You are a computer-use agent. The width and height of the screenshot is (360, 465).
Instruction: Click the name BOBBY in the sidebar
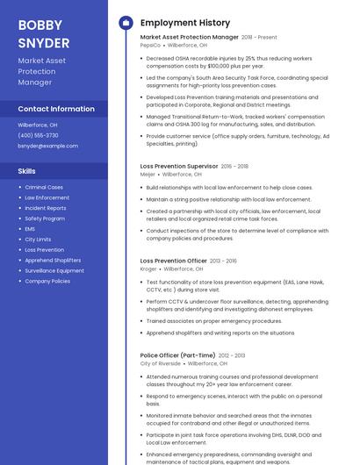click(x=39, y=25)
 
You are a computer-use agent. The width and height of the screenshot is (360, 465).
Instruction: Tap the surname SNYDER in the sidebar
click(x=43, y=42)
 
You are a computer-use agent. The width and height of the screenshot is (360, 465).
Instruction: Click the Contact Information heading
click(x=56, y=109)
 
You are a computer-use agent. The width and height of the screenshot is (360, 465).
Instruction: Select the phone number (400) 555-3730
click(x=38, y=135)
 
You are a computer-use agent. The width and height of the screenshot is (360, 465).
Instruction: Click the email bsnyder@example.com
click(x=47, y=146)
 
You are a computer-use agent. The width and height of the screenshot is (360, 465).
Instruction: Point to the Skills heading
click(x=27, y=171)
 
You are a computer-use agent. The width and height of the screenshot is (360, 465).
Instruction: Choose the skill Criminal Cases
click(x=44, y=187)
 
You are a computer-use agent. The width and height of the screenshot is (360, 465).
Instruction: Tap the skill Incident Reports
click(x=46, y=208)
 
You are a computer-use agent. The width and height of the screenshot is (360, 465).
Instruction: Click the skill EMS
click(x=30, y=229)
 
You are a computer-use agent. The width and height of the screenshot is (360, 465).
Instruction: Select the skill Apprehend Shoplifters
click(x=53, y=261)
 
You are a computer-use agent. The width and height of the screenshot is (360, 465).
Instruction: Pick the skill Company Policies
click(x=47, y=282)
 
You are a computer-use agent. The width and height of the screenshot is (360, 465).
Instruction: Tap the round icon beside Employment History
click(x=125, y=22)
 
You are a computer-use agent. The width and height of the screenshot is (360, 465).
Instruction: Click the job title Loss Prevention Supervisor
click(x=179, y=166)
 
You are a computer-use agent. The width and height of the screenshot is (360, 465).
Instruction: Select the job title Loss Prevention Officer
click(x=174, y=261)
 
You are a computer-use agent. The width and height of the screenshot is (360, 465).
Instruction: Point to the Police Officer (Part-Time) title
click(x=177, y=355)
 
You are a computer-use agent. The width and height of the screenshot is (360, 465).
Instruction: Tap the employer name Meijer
click(x=148, y=174)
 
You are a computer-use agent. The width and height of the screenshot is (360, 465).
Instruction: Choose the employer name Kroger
click(x=148, y=268)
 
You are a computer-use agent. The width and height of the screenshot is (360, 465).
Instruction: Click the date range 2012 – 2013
click(x=232, y=355)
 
